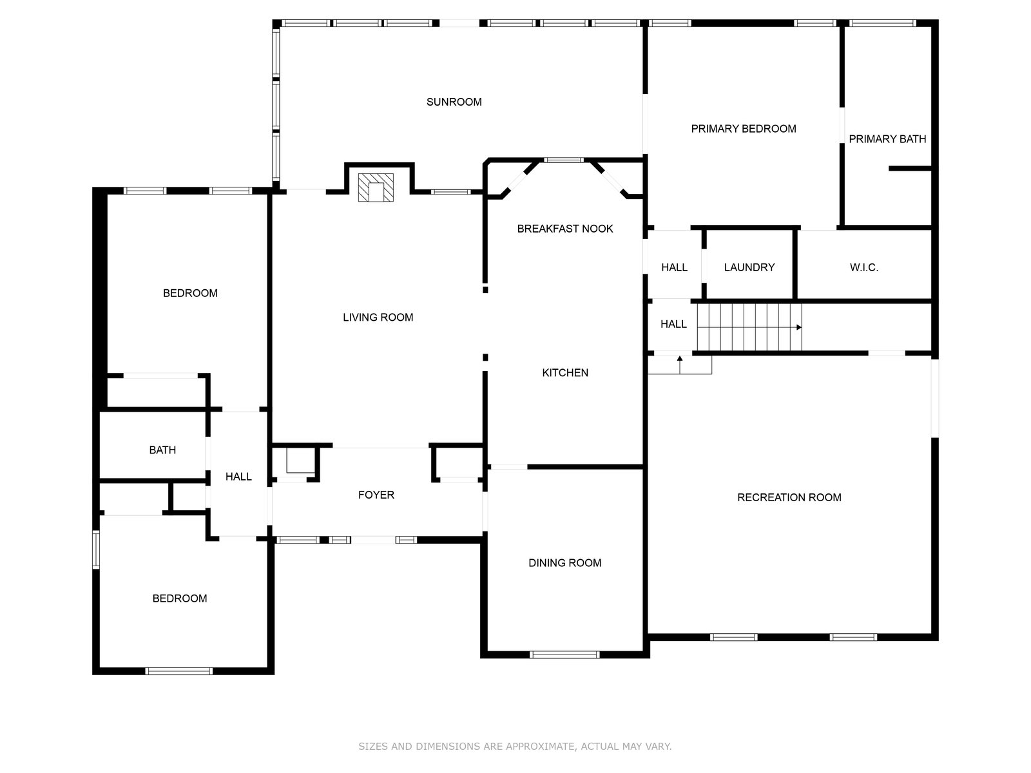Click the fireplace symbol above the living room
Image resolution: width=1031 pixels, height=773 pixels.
point(375,187)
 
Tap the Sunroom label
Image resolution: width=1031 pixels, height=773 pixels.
point(454,102)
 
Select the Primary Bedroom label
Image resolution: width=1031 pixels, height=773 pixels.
point(743,129)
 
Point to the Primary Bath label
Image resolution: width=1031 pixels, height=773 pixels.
point(887,139)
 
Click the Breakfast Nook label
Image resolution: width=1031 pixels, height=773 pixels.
point(564,229)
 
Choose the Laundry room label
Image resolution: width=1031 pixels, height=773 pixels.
point(749,267)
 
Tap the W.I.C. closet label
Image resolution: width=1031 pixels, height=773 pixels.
point(864,267)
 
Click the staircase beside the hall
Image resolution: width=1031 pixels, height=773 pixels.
point(749,327)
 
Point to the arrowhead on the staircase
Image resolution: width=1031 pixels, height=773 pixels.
point(799,327)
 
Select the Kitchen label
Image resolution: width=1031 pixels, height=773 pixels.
point(565,373)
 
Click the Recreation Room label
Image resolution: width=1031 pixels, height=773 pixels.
point(789,497)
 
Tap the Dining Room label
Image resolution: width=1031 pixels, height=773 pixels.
point(564,563)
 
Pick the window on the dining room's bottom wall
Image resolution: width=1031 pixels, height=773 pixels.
point(564,654)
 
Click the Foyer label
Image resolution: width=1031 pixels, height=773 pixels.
point(376,495)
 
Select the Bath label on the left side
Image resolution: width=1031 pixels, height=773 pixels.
point(162,450)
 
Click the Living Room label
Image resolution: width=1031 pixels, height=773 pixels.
point(378,318)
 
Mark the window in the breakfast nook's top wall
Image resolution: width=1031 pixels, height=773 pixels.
point(564,160)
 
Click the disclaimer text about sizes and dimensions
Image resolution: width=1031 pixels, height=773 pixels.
point(515,746)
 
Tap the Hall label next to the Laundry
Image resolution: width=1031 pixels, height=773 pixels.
point(674,267)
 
